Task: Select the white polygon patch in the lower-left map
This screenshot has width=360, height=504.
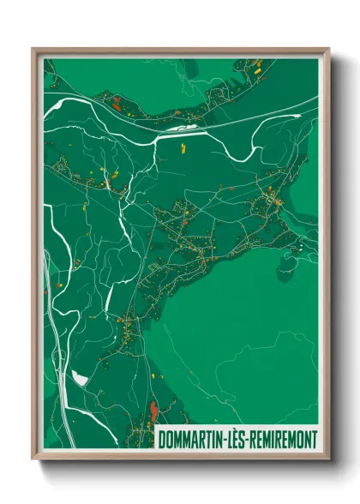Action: click(80, 378)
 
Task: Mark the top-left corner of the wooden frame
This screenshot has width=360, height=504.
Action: click(33, 49)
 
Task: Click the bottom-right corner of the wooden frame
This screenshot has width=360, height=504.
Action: click(328, 459)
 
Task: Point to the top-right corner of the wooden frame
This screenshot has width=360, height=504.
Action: click(328, 49)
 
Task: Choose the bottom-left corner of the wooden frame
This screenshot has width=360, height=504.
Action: click(33, 459)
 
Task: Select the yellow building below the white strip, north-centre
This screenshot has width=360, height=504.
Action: click(183, 147)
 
